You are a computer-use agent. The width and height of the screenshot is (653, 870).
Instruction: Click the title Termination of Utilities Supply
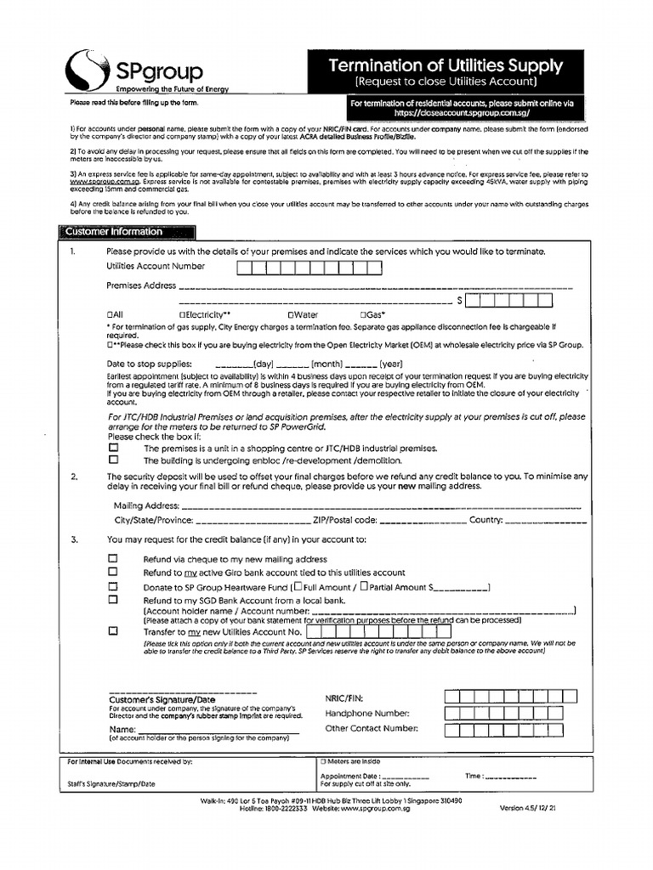[x=446, y=65]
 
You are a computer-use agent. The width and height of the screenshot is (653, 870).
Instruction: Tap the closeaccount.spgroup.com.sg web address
[x=462, y=112]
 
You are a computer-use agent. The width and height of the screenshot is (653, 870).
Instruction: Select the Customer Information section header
[x=111, y=232]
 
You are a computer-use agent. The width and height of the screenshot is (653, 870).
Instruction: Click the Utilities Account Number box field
[x=309, y=268]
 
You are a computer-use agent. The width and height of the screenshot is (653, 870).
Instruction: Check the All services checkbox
[x=111, y=315]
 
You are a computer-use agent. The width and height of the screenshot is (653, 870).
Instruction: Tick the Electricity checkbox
[x=184, y=315]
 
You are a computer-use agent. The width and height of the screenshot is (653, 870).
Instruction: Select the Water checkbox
[x=291, y=315]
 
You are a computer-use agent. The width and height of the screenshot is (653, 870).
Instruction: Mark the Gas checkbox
[x=364, y=315]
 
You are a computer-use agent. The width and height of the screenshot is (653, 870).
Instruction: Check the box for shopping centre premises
[x=113, y=448]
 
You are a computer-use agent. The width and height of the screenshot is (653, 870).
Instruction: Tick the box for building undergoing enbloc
[x=113, y=460]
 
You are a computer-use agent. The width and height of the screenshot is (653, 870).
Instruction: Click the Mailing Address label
[x=146, y=506]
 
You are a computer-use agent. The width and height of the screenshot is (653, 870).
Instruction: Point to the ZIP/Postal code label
[x=344, y=520]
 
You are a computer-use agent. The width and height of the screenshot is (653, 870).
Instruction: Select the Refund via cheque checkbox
[x=113, y=559]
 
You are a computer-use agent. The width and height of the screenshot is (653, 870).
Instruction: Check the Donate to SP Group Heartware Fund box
[x=113, y=586]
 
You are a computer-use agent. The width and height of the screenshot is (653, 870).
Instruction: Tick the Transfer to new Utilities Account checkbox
[x=113, y=632]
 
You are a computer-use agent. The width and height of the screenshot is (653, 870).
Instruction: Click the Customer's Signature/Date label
[x=162, y=700]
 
